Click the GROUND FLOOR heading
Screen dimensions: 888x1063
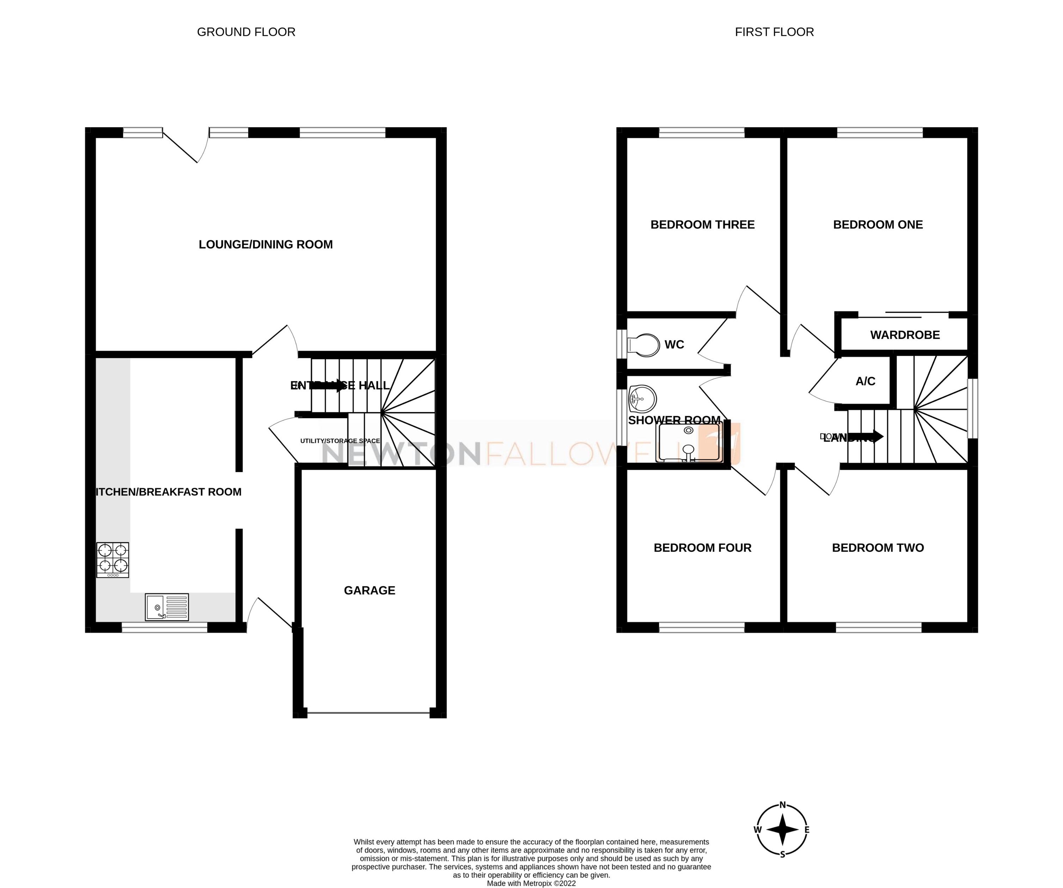tap(246, 32)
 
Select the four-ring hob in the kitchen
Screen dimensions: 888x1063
tap(112, 560)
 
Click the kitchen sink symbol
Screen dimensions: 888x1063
tap(166, 607)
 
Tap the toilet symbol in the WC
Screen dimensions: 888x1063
tap(644, 345)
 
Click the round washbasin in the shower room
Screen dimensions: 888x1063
tap(642, 399)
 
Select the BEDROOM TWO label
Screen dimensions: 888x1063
tap(878, 548)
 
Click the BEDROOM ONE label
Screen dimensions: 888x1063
tap(878, 225)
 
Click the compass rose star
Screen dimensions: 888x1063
tap(782, 830)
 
